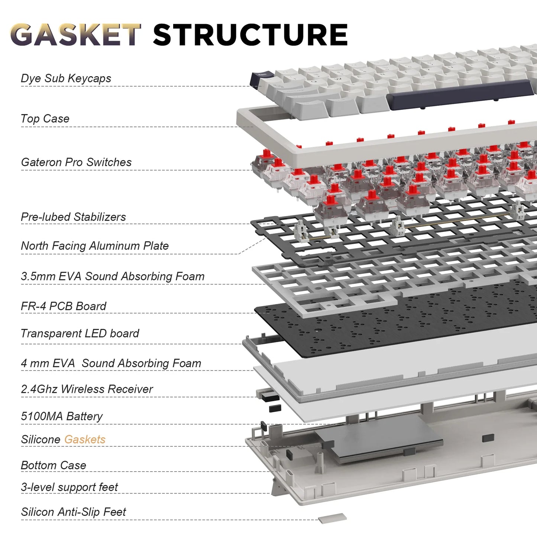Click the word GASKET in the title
[75, 35]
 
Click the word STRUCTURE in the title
[250, 35]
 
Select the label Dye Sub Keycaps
[66, 78]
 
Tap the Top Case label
[45, 119]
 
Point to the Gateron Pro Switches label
[76, 162]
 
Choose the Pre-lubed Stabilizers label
[73, 217]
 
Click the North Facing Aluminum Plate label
[95, 246]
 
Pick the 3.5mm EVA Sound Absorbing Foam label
[113, 276]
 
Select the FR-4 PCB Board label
[64, 306]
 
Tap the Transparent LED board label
[80, 333]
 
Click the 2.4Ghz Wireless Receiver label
[87, 389]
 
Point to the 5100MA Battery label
[62, 416]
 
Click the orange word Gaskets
[85, 440]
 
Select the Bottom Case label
[54, 465]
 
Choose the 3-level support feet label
[69, 487]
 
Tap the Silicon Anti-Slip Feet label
[74, 512]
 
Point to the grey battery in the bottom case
[379, 439]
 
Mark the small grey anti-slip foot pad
[332, 518]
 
